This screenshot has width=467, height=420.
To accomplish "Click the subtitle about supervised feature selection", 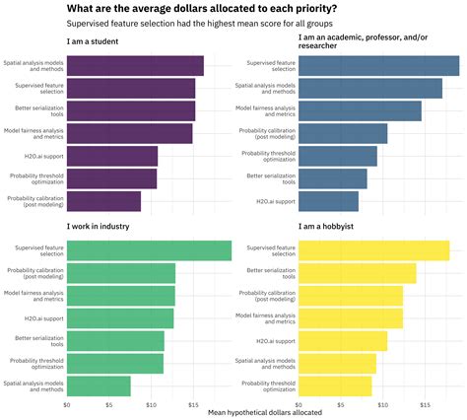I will [x=199, y=23].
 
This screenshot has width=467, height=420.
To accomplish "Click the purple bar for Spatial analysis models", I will [x=135, y=65].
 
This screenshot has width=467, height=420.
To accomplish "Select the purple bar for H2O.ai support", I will [x=112, y=156].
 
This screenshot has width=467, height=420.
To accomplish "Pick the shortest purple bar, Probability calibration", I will [x=103, y=201].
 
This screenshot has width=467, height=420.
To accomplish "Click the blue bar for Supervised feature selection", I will [x=379, y=65].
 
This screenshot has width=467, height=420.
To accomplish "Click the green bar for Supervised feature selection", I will [x=149, y=251].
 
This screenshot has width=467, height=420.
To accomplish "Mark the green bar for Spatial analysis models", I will [x=99, y=385].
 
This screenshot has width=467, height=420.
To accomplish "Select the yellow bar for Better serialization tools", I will [x=358, y=273].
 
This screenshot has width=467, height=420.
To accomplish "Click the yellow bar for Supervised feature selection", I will [x=373, y=251].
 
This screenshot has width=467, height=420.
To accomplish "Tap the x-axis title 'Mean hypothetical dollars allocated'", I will [x=264, y=413].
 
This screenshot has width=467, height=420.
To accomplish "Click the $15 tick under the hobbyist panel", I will [x=424, y=404].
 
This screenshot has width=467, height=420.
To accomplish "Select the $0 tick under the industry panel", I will [x=67, y=404].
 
